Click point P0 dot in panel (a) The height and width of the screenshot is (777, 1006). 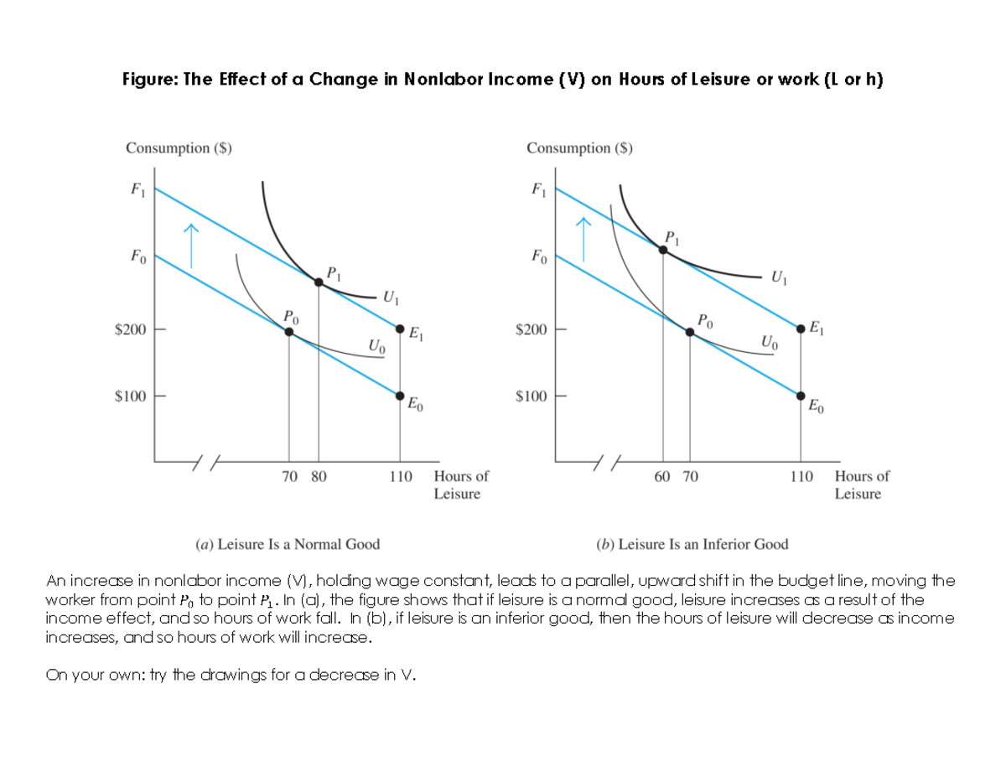[289, 332]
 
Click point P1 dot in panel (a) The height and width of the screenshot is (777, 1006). [319, 282]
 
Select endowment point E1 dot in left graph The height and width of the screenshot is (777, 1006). [400, 328]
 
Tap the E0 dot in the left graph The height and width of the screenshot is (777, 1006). [400, 393]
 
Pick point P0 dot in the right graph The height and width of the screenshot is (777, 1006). [690, 332]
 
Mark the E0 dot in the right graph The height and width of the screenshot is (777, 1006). [801, 393]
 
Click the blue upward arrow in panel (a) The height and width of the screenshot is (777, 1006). [192, 244]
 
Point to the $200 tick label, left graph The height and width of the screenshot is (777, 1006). [130, 329]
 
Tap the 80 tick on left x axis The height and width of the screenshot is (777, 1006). [319, 476]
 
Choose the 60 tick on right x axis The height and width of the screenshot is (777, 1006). [662, 476]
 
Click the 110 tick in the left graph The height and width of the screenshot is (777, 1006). [400, 476]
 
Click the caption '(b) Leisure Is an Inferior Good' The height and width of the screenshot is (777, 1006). [692, 544]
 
